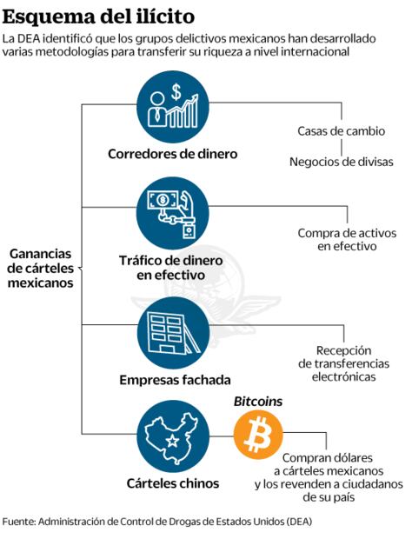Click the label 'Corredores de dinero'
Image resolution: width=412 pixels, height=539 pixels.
click(172, 154)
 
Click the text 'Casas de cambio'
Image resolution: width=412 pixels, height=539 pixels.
click(342, 132)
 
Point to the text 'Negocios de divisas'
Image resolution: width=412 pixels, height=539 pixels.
click(342, 162)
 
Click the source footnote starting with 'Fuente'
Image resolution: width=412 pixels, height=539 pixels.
click(156, 522)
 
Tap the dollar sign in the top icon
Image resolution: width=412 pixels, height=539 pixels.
click(176, 90)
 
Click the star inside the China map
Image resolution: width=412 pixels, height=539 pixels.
click(171, 443)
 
